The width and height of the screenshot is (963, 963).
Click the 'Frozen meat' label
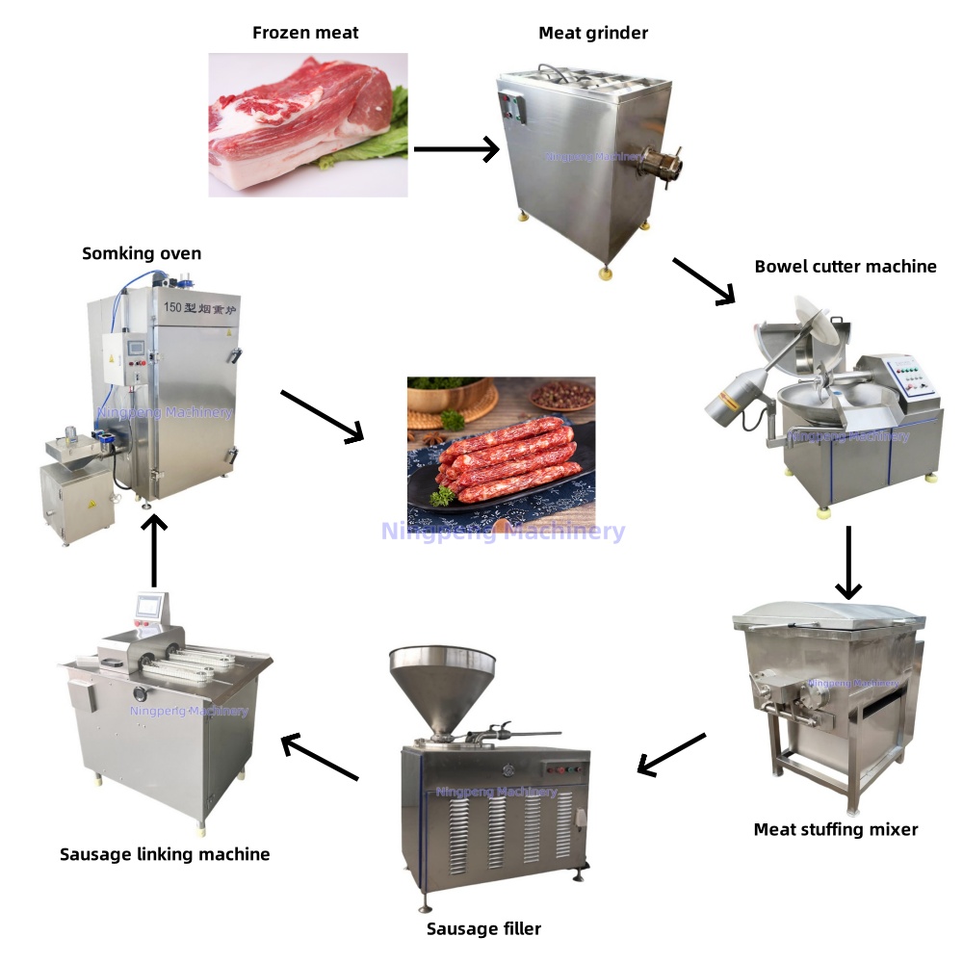(x=305, y=33)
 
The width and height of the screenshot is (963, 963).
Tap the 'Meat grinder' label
(x=593, y=33)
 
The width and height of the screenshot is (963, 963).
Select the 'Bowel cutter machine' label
(x=846, y=266)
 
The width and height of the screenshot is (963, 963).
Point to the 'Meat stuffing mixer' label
(x=836, y=829)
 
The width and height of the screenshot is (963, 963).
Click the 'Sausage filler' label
(x=483, y=928)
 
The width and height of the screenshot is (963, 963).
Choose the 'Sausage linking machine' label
(x=165, y=854)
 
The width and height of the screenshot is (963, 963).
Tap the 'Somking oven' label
(x=142, y=253)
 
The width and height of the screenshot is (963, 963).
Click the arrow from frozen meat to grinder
(x=455, y=149)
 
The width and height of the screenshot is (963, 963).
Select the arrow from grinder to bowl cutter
(x=703, y=281)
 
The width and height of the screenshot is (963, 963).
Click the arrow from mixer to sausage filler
(x=672, y=753)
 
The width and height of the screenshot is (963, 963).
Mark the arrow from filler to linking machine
(x=320, y=758)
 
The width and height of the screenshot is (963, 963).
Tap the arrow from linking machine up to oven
(x=154, y=550)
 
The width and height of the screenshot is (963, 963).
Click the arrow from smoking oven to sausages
(x=322, y=416)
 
